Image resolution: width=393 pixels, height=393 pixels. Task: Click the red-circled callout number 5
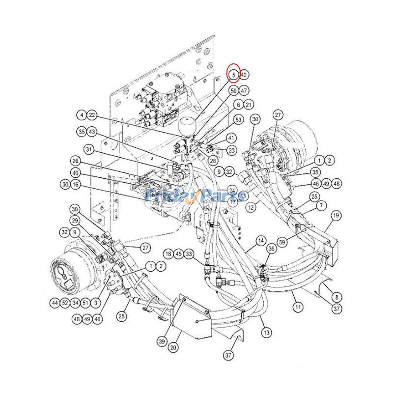(x=234, y=75)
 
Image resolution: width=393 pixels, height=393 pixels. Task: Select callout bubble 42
(x=244, y=75)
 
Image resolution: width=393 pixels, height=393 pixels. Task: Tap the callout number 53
(x=239, y=119)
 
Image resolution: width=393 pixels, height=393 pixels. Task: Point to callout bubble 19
(x=337, y=215)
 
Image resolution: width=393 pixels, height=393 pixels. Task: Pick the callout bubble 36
(x=271, y=250)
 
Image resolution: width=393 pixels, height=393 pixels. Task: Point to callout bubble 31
(x=88, y=149)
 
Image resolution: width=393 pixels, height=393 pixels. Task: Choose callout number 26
(x=75, y=161)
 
